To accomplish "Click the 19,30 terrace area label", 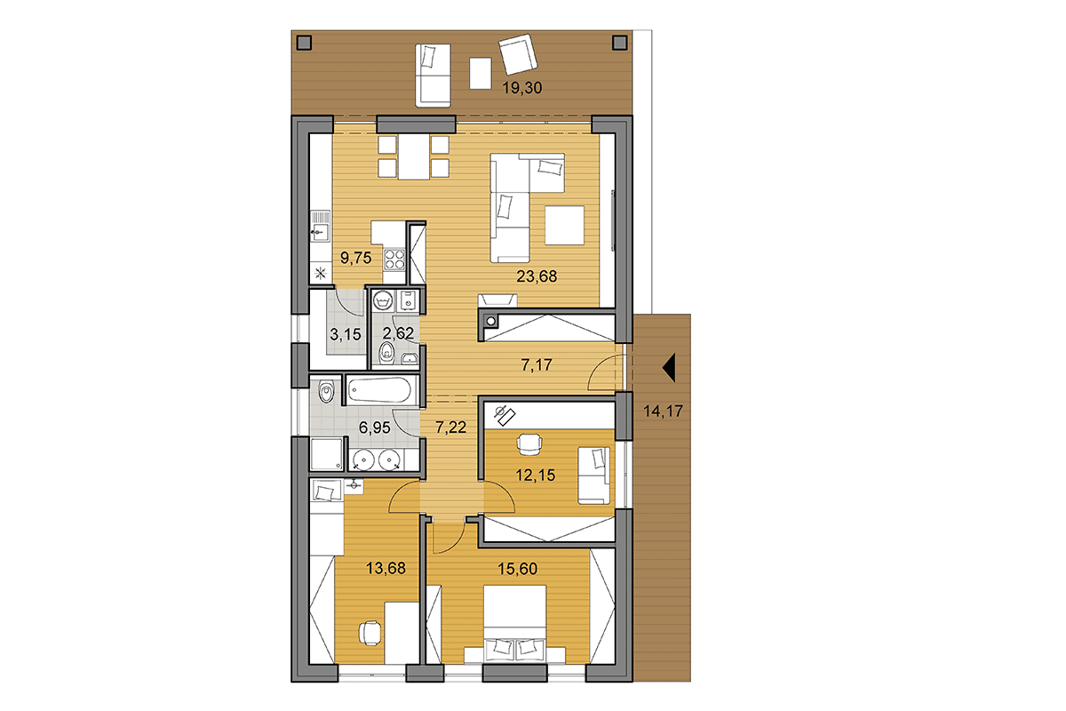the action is (522, 88).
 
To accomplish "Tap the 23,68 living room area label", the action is (537, 276).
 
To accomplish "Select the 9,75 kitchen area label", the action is (355, 258).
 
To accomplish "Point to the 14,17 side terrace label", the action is (663, 411).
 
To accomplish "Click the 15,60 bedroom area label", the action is (517, 569).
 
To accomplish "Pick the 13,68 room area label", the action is (386, 568).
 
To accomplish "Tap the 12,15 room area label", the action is (536, 475).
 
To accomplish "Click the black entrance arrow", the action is (669, 368).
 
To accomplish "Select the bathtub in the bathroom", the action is (380, 390).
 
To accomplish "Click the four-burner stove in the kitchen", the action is (394, 260).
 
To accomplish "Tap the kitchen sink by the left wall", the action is (321, 227).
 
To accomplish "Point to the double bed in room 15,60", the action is (514, 623).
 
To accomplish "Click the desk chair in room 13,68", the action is (370, 634).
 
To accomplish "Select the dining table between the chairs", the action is (414, 157).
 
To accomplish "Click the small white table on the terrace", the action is (481, 73).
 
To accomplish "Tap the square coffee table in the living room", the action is (564, 225).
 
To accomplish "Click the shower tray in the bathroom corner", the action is (327, 454).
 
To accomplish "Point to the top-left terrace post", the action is (304, 43).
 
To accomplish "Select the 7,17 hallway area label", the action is (537, 365).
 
